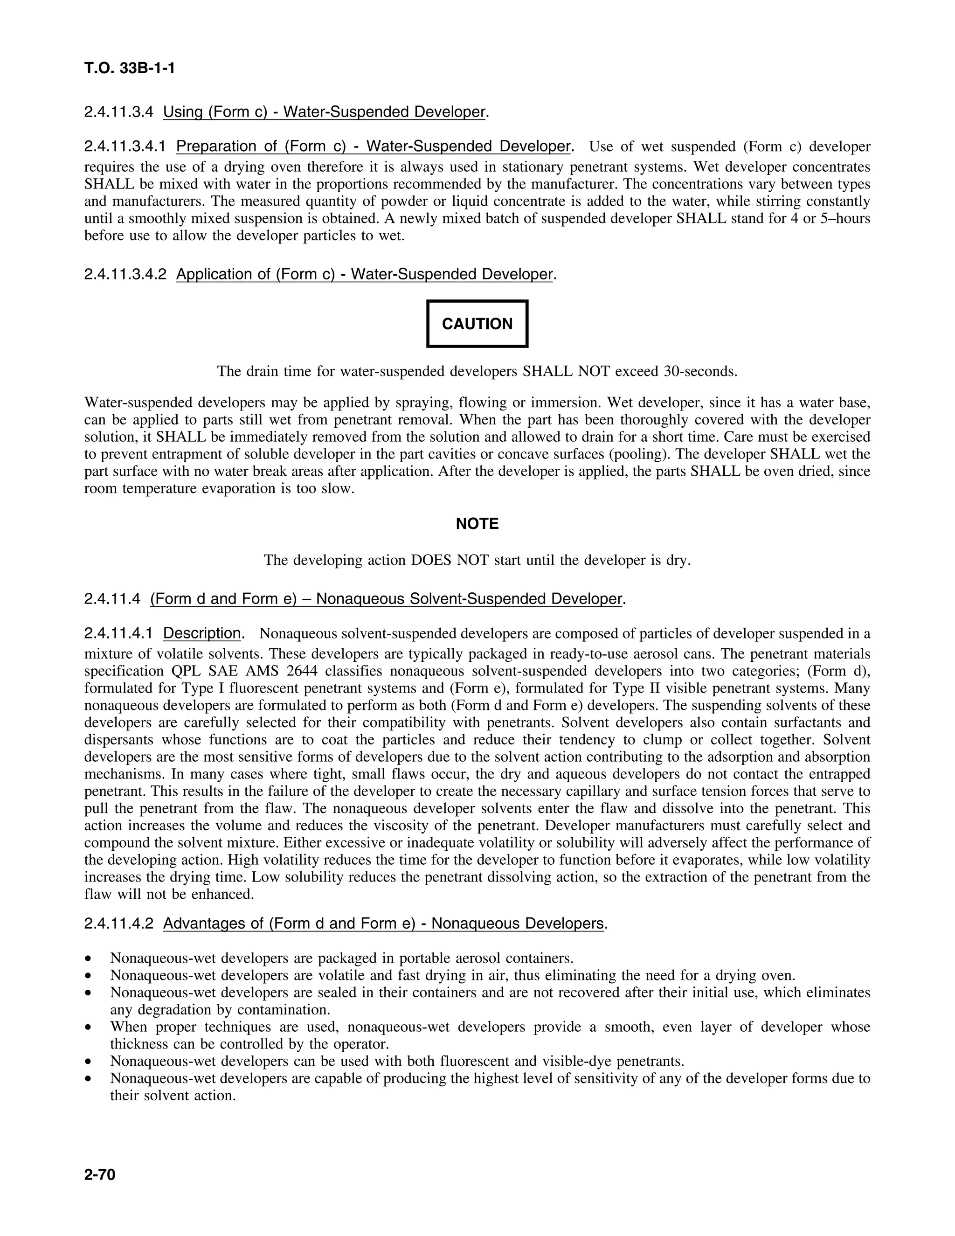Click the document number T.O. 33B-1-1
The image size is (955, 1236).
point(130,69)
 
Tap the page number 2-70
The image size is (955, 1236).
point(100,1175)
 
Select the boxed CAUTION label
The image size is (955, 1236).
point(477,324)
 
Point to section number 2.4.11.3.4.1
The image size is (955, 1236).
point(125,146)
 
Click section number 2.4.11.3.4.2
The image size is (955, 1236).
point(125,274)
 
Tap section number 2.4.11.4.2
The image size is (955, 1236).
point(118,924)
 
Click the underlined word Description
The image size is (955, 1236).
point(202,633)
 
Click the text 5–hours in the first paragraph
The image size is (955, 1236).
point(845,218)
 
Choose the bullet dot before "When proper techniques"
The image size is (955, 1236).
point(88,1027)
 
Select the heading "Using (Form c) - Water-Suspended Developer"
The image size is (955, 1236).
point(324,111)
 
